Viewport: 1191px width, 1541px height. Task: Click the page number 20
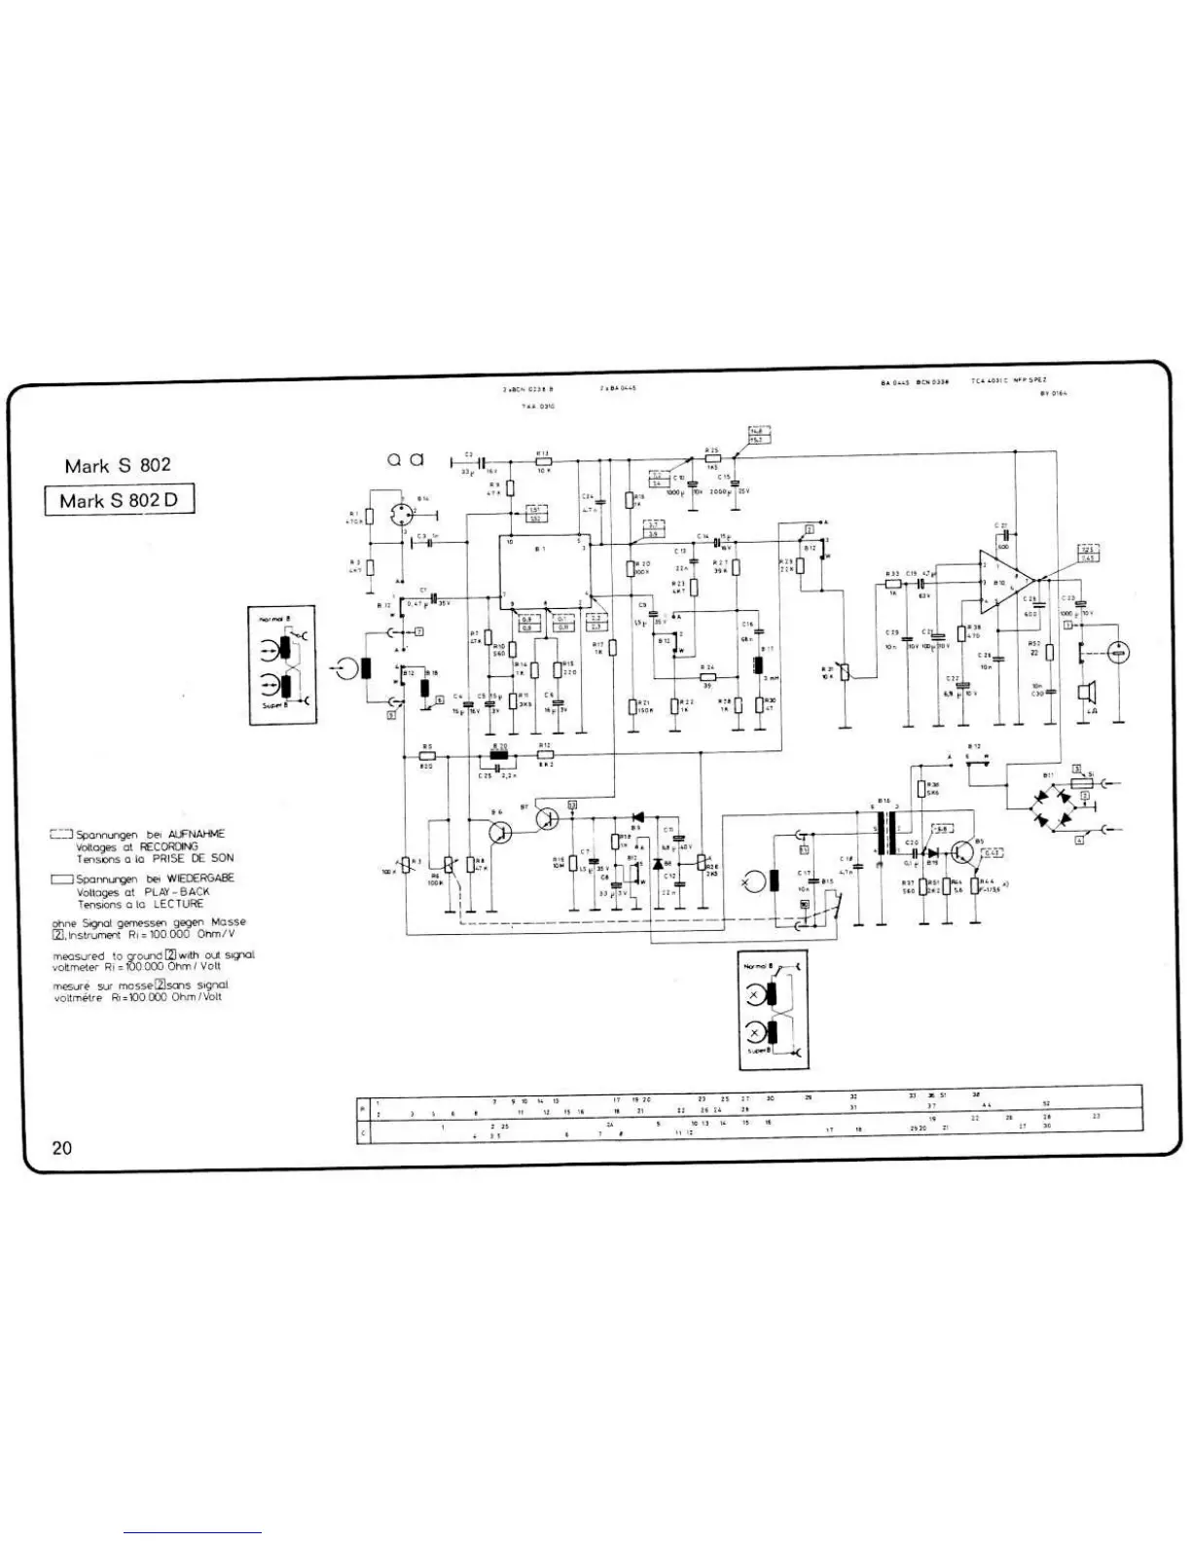coord(62,1148)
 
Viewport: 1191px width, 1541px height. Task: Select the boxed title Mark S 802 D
coord(120,501)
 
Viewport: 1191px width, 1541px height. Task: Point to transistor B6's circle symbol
coord(500,833)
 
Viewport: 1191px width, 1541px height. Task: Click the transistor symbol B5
coord(964,852)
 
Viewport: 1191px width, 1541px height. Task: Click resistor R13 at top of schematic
coord(543,462)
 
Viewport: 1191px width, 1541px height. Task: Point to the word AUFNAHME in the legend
coord(196,835)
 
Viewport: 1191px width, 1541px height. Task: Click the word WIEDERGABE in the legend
coord(200,878)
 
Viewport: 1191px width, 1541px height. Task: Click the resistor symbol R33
coord(893,584)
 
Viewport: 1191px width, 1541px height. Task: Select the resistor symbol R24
coord(707,677)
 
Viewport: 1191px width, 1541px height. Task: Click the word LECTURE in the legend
coord(182,904)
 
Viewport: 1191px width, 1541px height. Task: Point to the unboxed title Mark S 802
coord(118,465)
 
